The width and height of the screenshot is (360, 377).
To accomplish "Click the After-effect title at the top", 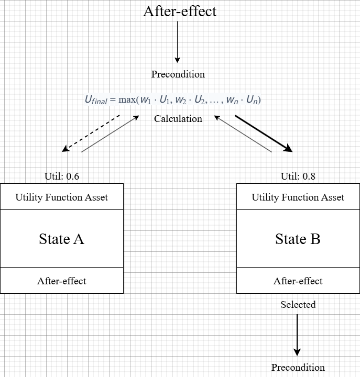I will pos(179,12).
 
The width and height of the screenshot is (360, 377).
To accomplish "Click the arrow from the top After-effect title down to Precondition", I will pos(178,42).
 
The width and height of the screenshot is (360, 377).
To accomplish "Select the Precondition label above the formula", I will pos(178,74).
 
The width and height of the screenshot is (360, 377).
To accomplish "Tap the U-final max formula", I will pos(173,99).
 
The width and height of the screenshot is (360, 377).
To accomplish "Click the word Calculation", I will pos(178,119).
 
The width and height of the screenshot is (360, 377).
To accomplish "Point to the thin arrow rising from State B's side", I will pos(244,135).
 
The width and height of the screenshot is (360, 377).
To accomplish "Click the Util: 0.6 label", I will pos(62,176).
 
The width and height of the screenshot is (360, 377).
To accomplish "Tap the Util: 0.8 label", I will pos(298,176).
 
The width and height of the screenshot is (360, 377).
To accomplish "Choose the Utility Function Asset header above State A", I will pos(62,197).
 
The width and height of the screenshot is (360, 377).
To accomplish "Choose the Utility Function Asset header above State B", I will pos(298,197).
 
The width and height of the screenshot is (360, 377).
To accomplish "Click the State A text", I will pos(62,239).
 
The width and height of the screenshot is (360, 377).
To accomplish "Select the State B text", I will pos(298,239).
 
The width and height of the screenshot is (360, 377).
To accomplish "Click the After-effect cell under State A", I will pos(62,281).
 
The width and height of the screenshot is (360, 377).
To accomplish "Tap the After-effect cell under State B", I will pos(298,281).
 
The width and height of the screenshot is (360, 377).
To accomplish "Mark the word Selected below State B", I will pos(298,304).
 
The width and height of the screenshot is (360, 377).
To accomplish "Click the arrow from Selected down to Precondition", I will pos(298,335).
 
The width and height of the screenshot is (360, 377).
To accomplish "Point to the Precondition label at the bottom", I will pos(298,368).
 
